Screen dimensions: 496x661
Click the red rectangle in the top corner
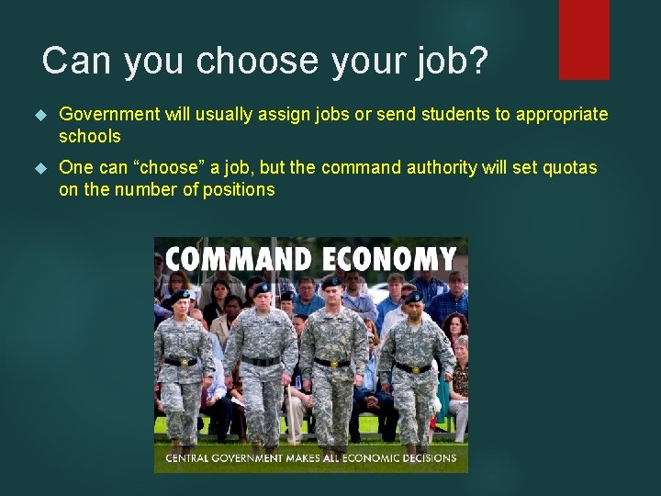coord(584,39)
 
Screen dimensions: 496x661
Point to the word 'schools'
coord(89,136)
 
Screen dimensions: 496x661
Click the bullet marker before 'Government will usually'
coord(39,115)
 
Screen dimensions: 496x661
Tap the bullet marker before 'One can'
coord(39,168)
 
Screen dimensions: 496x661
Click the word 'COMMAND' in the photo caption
coord(230,258)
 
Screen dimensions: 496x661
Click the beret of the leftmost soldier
coord(178,297)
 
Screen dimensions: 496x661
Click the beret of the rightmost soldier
coord(415,297)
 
